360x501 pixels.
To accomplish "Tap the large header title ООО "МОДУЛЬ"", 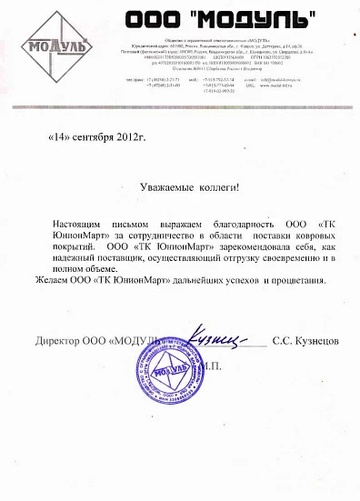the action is click(x=222, y=17).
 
